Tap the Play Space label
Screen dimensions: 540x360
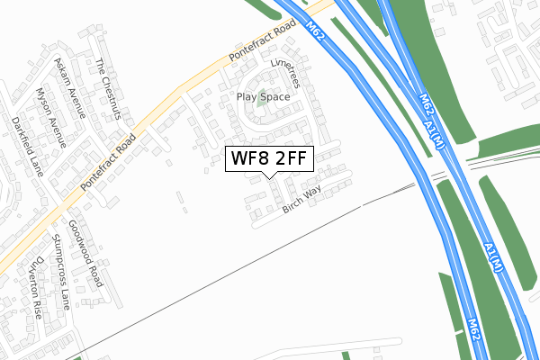(x=263, y=96)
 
